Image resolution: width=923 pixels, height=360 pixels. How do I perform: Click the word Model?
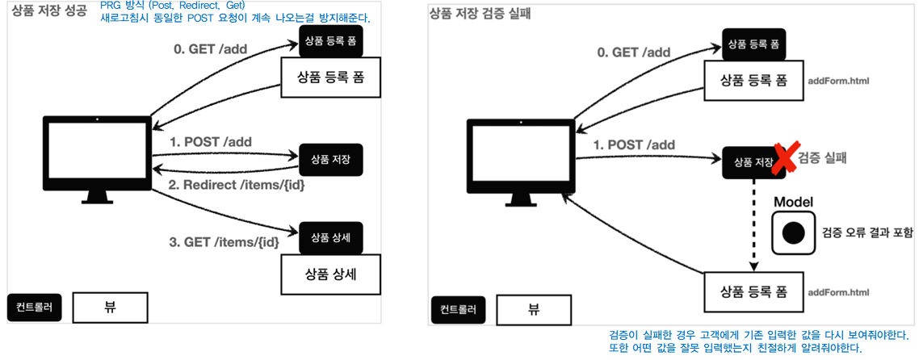tap(793, 201)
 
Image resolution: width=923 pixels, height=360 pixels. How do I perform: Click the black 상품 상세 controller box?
tap(331, 237)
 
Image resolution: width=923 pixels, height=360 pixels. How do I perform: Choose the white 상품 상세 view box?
tap(330, 274)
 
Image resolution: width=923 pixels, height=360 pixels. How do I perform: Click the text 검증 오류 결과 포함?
tap(868, 232)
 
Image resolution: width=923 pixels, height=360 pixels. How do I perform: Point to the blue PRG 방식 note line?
tap(173, 6)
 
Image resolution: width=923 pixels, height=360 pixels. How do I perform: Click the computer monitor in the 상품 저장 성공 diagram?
tap(97, 154)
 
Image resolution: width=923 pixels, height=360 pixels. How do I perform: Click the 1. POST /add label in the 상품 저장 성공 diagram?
tap(211, 141)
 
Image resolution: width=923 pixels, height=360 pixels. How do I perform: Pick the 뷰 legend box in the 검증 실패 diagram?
tap(533, 308)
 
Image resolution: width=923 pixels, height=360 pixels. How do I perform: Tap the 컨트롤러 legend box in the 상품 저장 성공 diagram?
tap(34, 307)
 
